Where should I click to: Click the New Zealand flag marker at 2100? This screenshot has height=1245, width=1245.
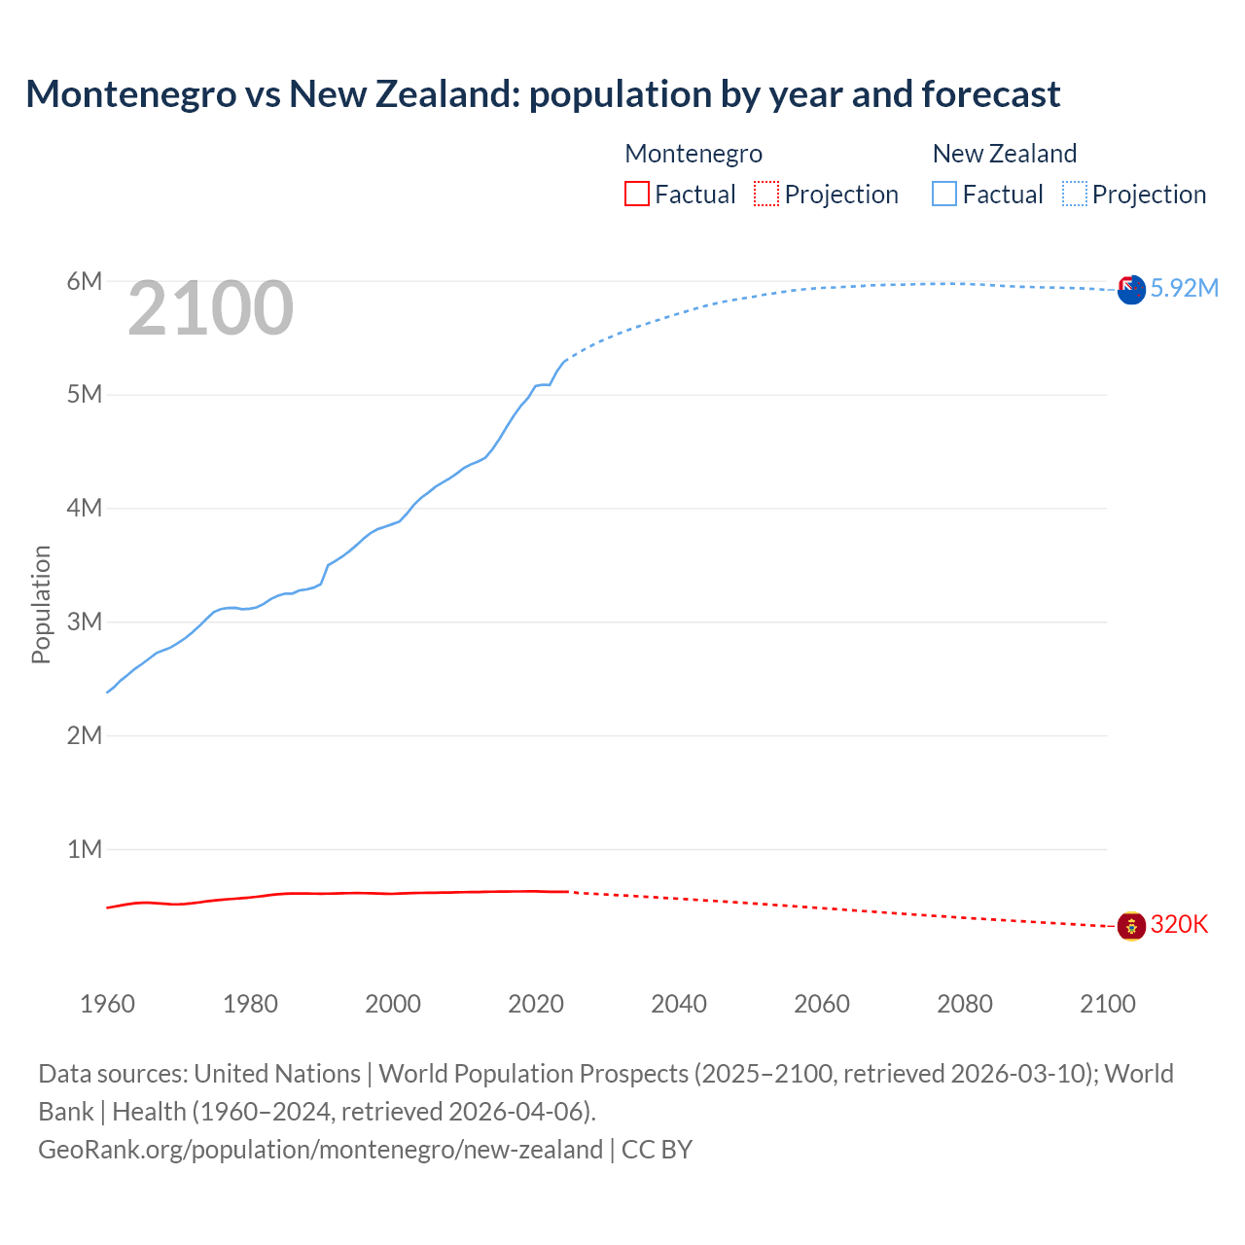1131,290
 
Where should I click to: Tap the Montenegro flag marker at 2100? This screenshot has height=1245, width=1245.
1131,926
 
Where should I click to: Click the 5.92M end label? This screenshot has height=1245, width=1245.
1184,288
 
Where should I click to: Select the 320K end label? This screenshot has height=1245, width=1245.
1179,924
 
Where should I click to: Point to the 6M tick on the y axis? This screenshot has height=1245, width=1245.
85,281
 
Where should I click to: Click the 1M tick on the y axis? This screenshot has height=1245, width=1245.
85,849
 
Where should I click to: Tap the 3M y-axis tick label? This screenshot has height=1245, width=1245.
85,622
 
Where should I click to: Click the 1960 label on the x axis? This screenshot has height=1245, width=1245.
107,1004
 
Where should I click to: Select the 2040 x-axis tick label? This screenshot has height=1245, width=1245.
679,1004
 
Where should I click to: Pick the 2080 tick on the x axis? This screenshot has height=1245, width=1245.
965,1004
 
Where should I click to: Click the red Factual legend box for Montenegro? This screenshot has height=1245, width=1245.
636,195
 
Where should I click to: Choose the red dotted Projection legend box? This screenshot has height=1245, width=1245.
766,195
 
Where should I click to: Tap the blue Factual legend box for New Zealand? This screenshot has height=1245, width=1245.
944,195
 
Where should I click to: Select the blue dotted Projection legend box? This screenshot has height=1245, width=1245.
1075,195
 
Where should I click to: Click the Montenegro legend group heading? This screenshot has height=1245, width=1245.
694,154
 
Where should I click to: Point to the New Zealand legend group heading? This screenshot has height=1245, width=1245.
1005,154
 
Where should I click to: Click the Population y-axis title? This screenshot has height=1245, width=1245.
41,604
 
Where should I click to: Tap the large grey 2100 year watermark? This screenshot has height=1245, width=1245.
210,308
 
